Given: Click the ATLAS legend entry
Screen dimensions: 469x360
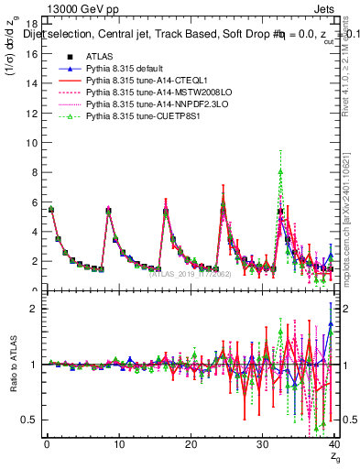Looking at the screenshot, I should [97, 57].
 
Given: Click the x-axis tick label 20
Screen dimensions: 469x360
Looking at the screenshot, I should [191, 445].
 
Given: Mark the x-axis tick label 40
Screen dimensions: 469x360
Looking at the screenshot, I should [334, 445].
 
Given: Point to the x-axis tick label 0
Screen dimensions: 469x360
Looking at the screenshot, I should [47, 445].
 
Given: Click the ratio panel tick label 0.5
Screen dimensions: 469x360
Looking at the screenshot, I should [28, 420].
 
